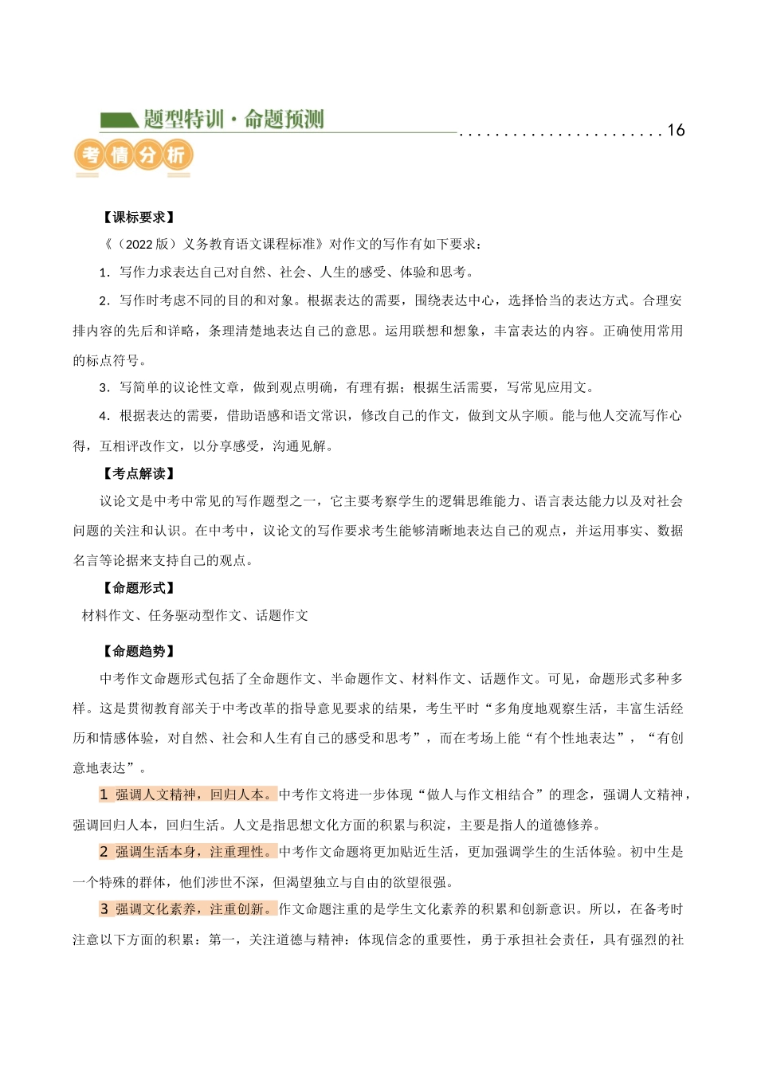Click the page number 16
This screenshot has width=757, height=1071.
676,131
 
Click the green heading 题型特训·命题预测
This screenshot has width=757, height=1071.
233,120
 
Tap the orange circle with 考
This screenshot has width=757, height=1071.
90,155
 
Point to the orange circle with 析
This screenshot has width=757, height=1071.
176,155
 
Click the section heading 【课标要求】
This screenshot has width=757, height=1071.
139,218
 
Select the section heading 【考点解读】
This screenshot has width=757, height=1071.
139,473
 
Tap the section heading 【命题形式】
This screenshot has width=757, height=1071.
139,588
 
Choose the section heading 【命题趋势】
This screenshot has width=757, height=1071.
139,651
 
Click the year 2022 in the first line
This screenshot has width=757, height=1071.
139,245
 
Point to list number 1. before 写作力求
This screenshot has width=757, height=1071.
104,273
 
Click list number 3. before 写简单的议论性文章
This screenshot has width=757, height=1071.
104,388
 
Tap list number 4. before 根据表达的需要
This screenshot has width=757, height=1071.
104,416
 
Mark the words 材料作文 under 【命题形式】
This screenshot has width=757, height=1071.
108,615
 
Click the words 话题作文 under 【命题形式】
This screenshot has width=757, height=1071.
282,615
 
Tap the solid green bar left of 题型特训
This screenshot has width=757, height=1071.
118,121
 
